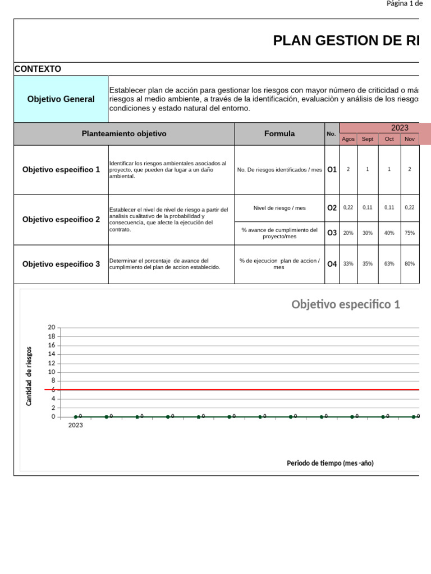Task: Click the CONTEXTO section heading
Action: [38, 69]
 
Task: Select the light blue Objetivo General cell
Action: [61, 99]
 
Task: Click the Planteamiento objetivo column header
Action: [124, 134]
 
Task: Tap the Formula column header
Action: [279, 134]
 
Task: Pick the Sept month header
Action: [368, 139]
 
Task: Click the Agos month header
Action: [348, 139]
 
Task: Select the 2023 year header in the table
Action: [400, 128]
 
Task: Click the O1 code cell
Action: [332, 169]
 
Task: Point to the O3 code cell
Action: [332, 233]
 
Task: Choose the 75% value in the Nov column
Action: [410, 233]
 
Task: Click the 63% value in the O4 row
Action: [389, 263]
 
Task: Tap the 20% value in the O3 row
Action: [348, 233]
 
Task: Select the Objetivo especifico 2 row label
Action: [61, 220]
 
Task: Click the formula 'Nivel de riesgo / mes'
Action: [279, 208]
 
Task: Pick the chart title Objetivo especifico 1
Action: [346, 304]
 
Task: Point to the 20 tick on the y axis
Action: [52, 327]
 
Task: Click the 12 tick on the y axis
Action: [52, 363]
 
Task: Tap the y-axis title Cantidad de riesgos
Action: [29, 376]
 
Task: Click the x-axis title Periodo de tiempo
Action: [330, 463]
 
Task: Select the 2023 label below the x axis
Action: [76, 425]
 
